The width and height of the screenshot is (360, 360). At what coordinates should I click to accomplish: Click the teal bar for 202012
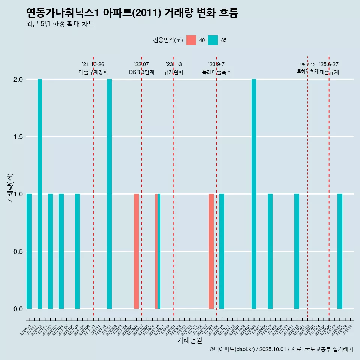point(40,194)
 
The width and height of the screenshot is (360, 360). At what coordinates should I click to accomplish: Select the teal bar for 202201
point(109,194)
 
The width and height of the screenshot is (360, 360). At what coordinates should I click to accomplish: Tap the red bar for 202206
point(136,251)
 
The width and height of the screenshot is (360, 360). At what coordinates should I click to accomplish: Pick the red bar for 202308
point(211,251)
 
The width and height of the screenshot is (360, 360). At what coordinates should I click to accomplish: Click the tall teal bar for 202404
point(254,194)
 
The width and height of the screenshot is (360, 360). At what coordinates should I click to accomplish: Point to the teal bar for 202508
point(340,251)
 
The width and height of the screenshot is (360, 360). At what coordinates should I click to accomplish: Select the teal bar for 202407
point(270,251)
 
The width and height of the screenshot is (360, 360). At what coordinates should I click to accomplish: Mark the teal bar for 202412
point(297,251)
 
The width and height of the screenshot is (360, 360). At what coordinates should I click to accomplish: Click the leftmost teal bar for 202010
point(29,251)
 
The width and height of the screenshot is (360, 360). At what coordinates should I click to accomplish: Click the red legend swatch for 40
point(191,40)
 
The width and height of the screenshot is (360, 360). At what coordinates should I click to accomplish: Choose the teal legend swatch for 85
point(213,40)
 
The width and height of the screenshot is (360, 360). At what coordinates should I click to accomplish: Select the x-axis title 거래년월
point(189,340)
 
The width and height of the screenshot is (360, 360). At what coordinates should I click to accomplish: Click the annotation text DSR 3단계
point(141,72)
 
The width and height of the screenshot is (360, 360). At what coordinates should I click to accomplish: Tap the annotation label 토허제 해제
point(307,71)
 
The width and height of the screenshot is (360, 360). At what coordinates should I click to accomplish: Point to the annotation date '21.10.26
point(93,64)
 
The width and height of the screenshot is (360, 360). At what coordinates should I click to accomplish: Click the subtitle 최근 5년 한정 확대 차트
point(60,24)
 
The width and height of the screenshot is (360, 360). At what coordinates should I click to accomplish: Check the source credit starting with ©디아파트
point(281,349)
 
